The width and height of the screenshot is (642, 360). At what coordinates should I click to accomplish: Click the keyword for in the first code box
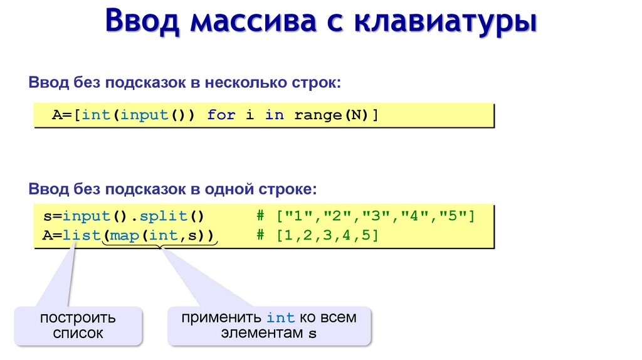click(x=221, y=115)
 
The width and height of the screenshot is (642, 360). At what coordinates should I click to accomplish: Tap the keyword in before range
click(x=274, y=115)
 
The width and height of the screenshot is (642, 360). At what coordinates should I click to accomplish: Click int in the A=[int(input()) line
click(x=95, y=115)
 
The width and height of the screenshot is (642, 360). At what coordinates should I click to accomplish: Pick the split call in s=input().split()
click(x=164, y=217)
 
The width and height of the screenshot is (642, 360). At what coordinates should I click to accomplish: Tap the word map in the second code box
click(x=124, y=236)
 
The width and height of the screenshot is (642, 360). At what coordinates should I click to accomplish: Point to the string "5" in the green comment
click(x=456, y=217)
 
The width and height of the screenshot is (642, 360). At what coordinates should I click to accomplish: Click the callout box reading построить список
click(x=78, y=326)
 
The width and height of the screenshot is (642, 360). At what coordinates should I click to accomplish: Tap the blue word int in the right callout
click(x=280, y=318)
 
